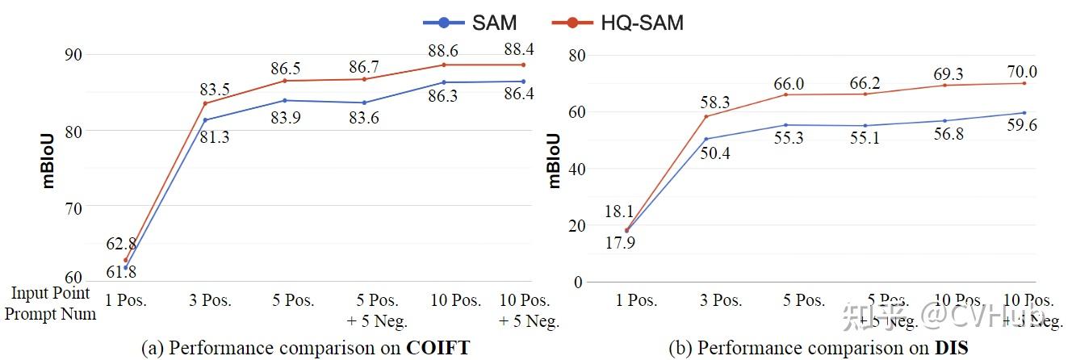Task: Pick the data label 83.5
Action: coord(216,89)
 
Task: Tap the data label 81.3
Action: coord(214,137)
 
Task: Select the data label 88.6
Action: coord(445,50)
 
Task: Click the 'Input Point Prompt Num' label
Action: coord(50,303)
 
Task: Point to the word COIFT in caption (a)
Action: coord(438,348)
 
